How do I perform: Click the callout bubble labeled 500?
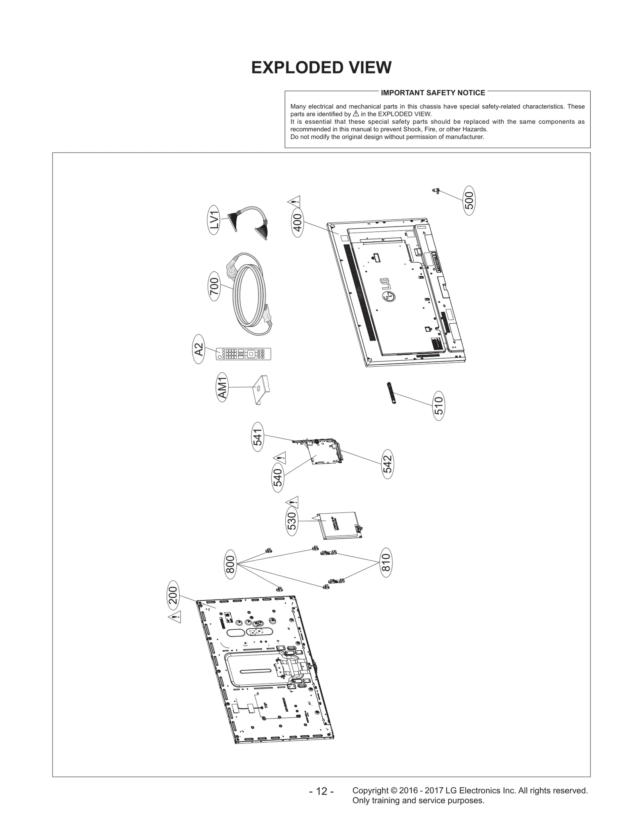[469, 200]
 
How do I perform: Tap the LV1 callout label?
[214, 220]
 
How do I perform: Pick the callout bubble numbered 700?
[214, 286]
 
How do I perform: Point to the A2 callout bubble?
[199, 349]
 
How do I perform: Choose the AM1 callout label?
[222, 387]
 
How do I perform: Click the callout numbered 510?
[439, 406]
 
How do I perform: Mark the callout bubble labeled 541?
[257, 437]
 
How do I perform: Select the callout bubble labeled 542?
[387, 464]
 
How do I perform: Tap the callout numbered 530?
[292, 521]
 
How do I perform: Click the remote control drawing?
[244, 354]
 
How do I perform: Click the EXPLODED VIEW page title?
[321, 68]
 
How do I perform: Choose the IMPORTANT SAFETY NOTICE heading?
[433, 93]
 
